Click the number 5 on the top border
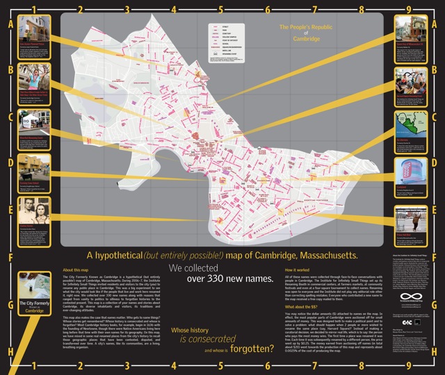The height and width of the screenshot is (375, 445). coord(221,10)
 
